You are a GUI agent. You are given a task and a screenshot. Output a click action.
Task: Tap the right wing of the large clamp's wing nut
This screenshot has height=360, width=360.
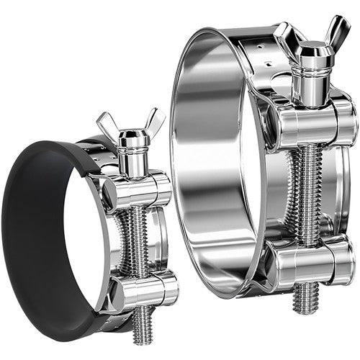click(x=335, y=32)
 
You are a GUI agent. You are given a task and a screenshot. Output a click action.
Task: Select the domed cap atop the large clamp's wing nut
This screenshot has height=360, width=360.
click(x=310, y=50)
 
